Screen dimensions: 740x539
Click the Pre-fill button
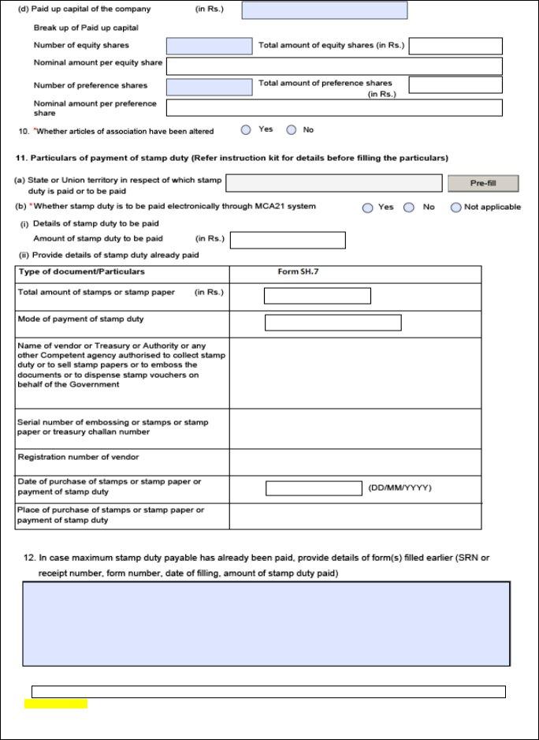point(482,183)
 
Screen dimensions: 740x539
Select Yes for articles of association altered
point(247,130)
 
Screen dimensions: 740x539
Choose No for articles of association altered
point(292,130)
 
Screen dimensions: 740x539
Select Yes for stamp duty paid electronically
point(367,207)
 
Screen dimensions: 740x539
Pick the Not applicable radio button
point(455,207)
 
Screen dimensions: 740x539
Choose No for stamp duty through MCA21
point(409,207)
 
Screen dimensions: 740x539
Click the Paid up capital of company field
point(324,10)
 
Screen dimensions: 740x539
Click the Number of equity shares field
point(209,46)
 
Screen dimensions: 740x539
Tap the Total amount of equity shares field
point(455,46)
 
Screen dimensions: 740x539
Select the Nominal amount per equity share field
point(333,65)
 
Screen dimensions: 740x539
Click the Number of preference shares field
point(209,86)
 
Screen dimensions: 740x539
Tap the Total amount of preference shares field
point(455,84)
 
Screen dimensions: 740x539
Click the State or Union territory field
point(333,183)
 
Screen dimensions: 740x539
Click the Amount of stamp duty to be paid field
point(288,240)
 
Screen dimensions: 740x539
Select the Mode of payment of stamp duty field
point(333,323)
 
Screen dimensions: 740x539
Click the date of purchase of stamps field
point(314,488)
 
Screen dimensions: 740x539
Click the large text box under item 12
point(266,624)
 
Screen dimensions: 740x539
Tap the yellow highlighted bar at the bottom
point(56,704)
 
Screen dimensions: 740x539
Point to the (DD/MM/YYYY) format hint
point(400,488)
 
